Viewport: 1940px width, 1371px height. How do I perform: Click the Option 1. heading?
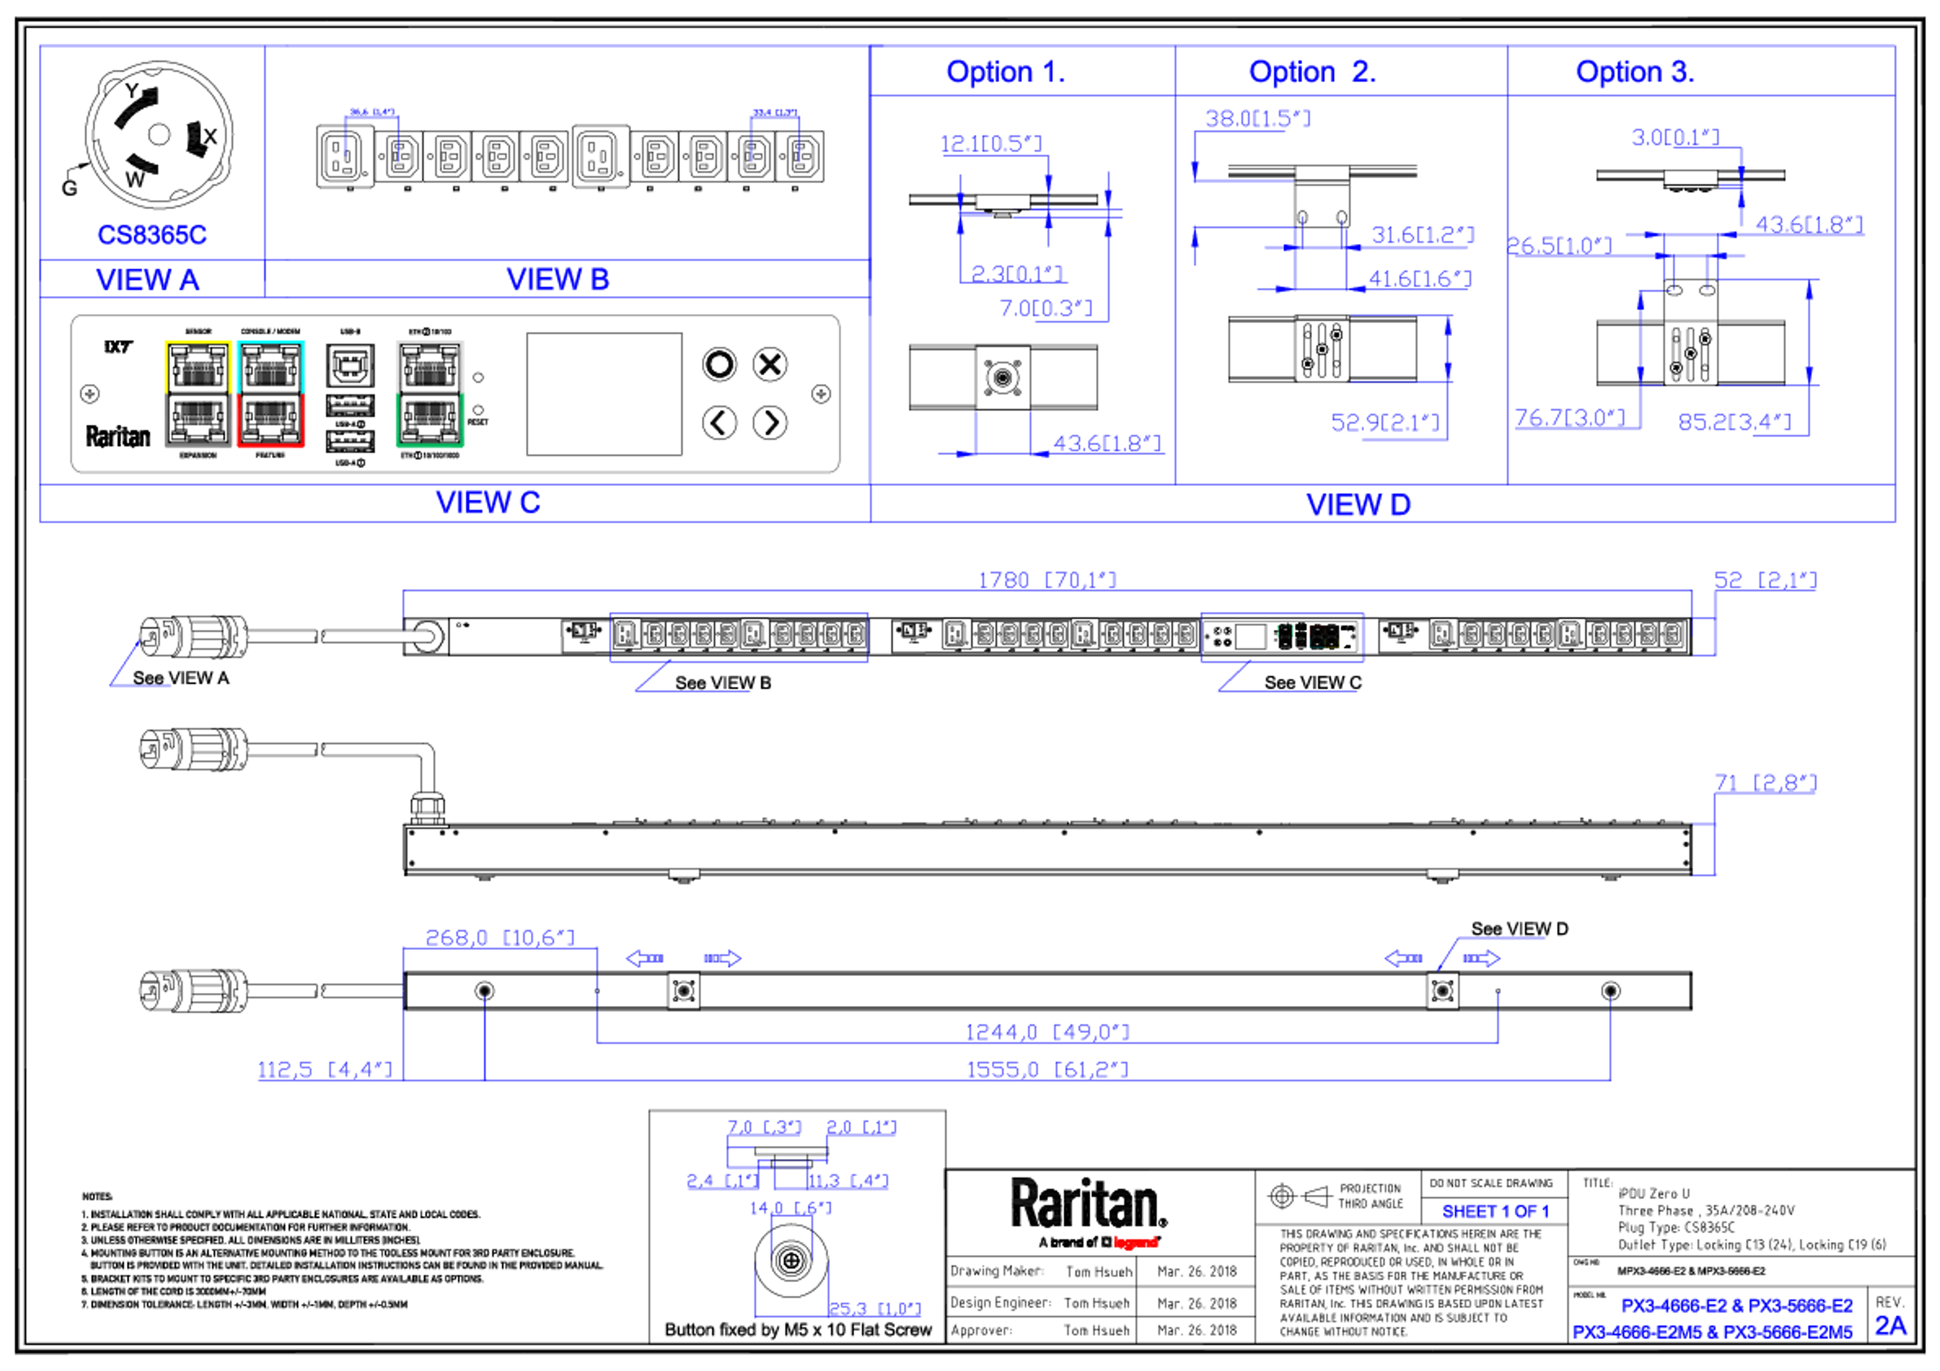coord(1005,72)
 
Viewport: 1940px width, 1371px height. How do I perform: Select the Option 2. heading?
coord(1312,72)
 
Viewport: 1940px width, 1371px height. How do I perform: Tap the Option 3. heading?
coord(1634,72)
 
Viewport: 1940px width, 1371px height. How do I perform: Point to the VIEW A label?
coord(149,279)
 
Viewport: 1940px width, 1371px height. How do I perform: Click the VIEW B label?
coord(558,279)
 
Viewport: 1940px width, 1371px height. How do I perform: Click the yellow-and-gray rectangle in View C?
coord(198,394)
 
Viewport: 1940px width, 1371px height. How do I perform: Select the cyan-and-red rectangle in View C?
coord(270,394)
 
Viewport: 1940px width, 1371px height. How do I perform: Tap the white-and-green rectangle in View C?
coord(430,394)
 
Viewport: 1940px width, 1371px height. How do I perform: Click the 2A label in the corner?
coord(1891,1326)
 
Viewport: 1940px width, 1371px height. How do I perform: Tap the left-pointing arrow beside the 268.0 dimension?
coord(644,958)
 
